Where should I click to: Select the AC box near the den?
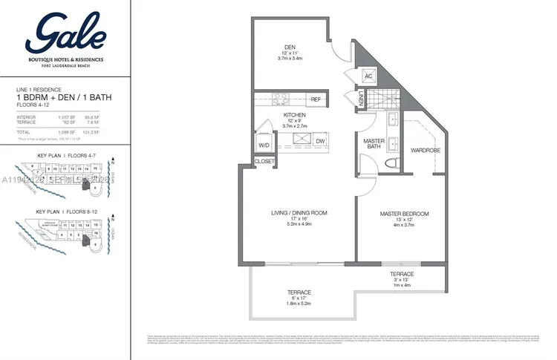(368, 76)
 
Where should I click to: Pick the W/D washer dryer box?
(264, 145)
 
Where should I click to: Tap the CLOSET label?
(264, 161)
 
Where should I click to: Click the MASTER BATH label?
(371, 144)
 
